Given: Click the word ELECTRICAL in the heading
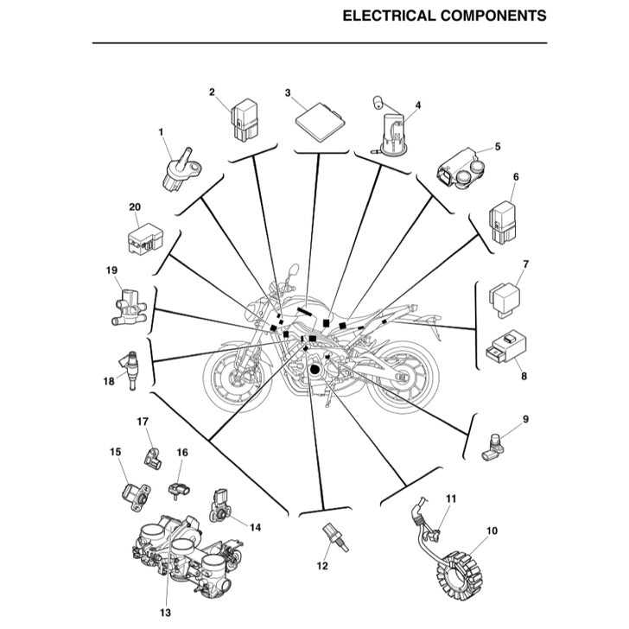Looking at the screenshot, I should tap(386, 16).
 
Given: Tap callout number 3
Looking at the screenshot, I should tap(288, 92).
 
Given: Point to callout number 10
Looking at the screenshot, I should tap(492, 531).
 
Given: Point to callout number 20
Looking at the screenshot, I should tap(134, 207).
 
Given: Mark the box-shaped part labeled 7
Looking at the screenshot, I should tap(504, 294).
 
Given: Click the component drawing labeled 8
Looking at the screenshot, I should tap(505, 349).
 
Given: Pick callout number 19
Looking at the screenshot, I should tap(111, 270).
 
